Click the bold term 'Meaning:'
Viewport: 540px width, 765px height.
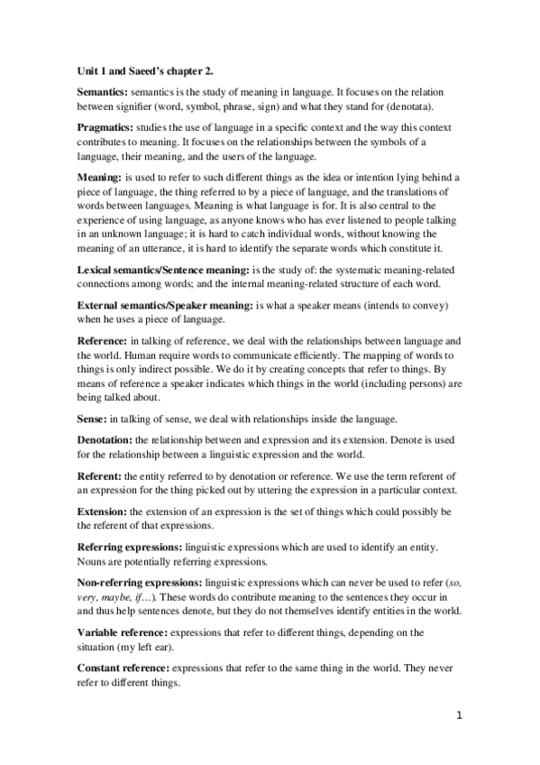[x=97, y=180]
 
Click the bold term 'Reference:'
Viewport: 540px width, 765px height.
[x=101, y=342]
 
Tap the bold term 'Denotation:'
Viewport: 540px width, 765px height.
[x=103, y=439]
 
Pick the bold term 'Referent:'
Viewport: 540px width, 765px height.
[x=98, y=475]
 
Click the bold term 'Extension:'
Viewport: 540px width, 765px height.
[x=101, y=512]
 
